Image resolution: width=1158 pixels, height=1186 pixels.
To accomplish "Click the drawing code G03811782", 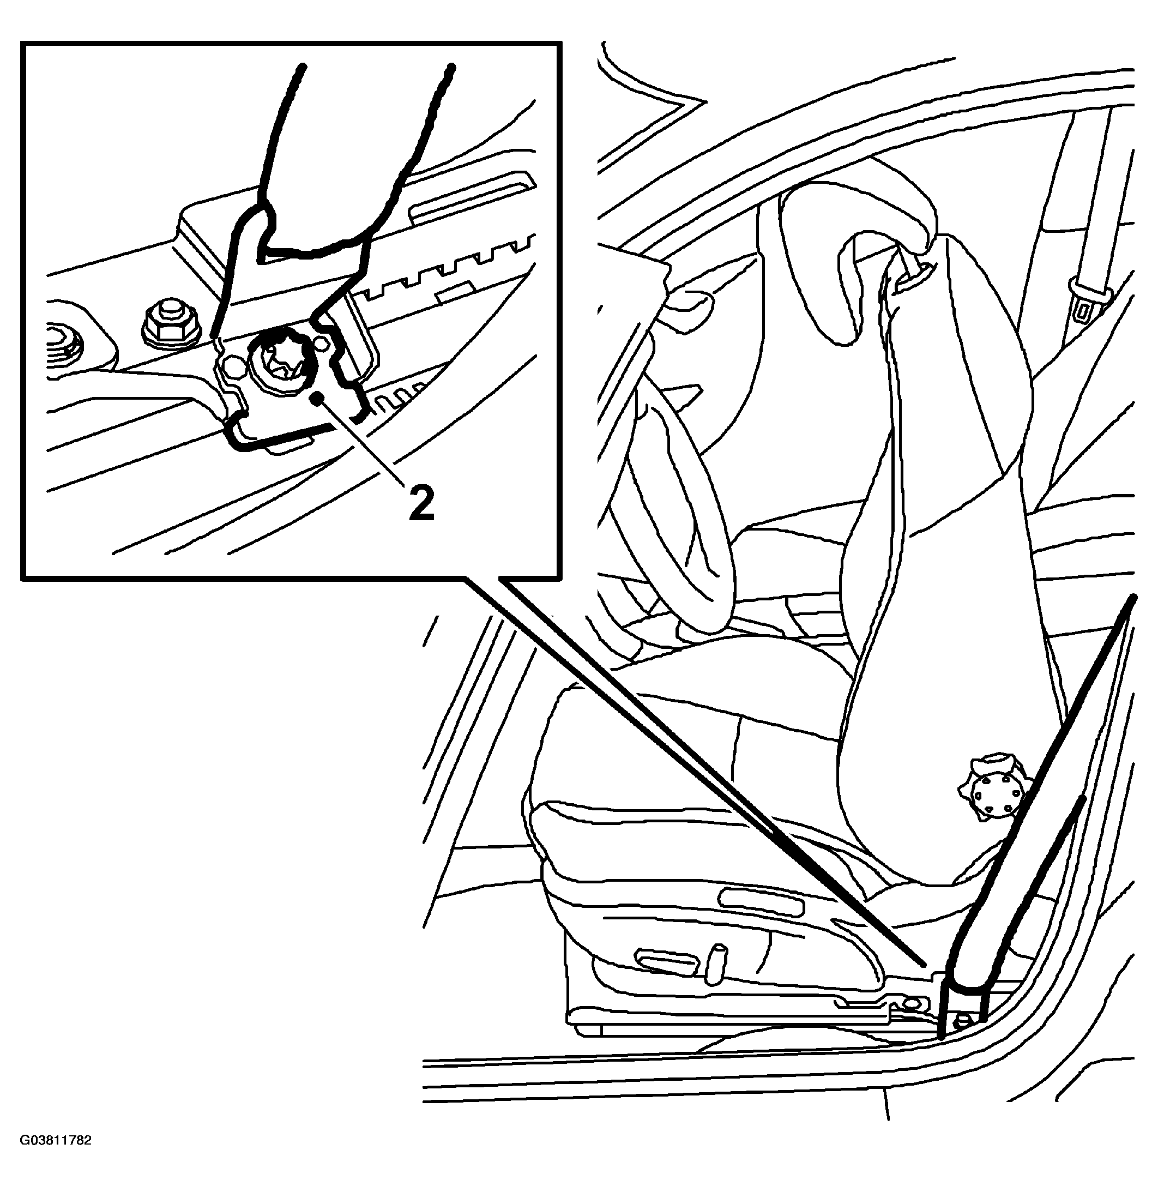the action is (x=56, y=1140).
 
